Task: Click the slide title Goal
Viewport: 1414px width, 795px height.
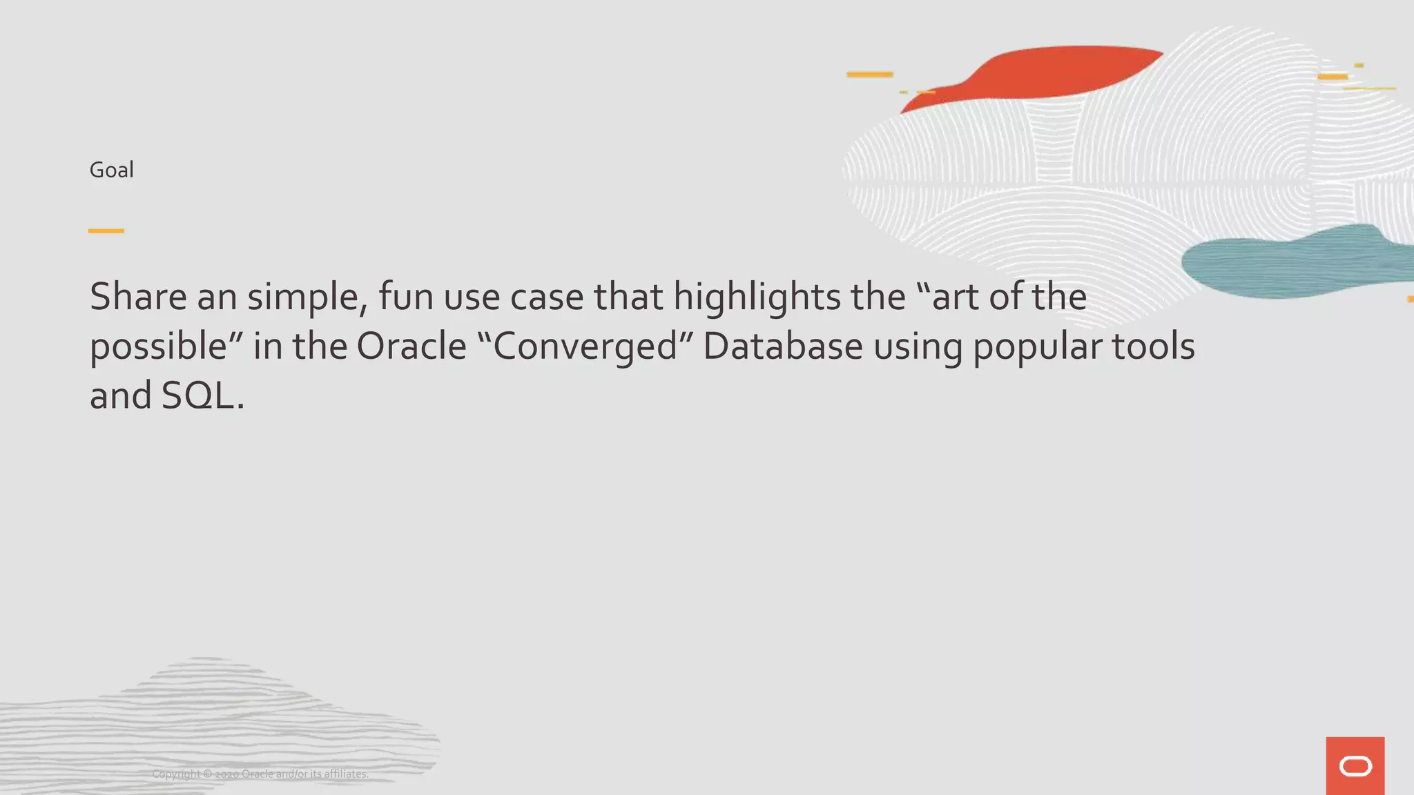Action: [x=111, y=170]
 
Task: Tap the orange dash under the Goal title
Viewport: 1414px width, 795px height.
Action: [x=106, y=230]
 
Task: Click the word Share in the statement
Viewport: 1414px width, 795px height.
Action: [x=138, y=297]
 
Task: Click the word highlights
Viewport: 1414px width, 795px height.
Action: [x=757, y=298]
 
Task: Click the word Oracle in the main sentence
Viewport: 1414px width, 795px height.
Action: [x=411, y=346]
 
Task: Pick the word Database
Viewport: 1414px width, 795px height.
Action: [x=782, y=346]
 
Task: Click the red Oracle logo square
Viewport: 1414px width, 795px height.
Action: [x=1355, y=766]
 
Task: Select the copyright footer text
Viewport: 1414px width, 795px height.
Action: [x=260, y=774]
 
